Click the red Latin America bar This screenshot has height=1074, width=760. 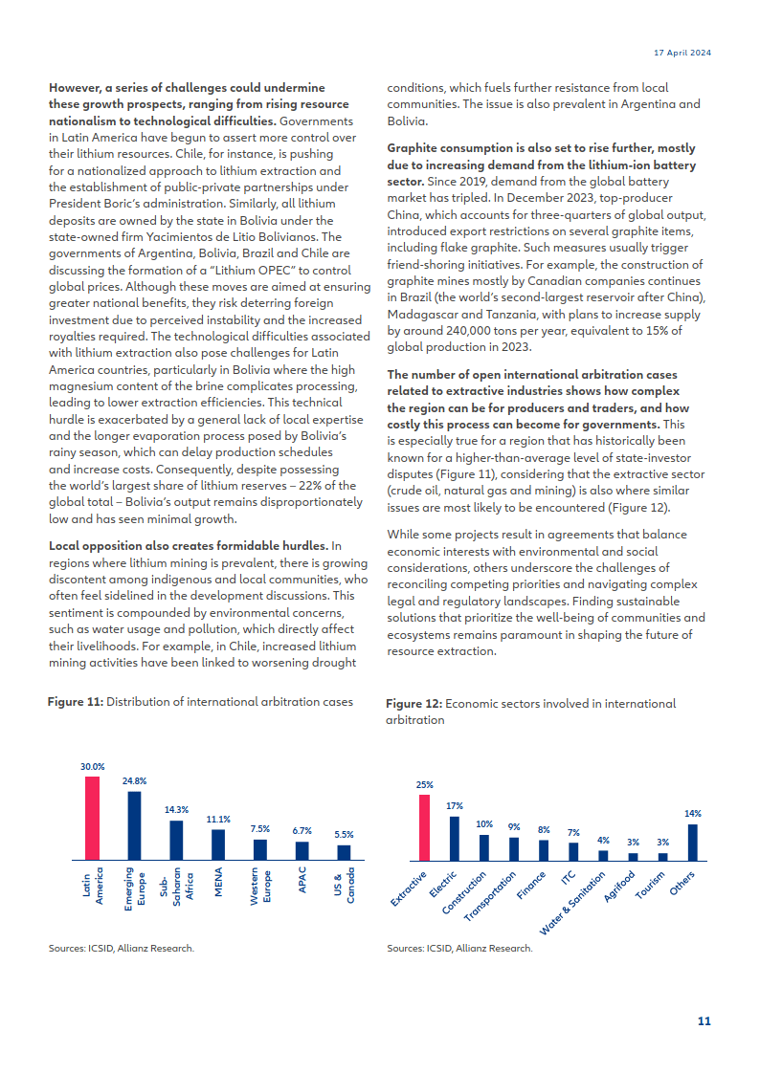[x=92, y=819]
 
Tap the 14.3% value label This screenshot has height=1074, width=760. [x=176, y=809]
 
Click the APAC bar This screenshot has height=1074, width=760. [x=302, y=851]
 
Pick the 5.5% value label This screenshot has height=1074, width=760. [x=344, y=834]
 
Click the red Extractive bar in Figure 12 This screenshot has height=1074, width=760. [x=425, y=828]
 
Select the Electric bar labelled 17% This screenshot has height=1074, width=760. [x=455, y=839]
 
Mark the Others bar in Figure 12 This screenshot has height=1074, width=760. [x=693, y=843]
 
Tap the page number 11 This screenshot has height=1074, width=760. [x=704, y=1021]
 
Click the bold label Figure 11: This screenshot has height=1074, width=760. [x=76, y=702]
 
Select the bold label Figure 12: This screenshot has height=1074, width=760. [x=414, y=704]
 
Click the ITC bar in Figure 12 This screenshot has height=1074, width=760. [x=573, y=852]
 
